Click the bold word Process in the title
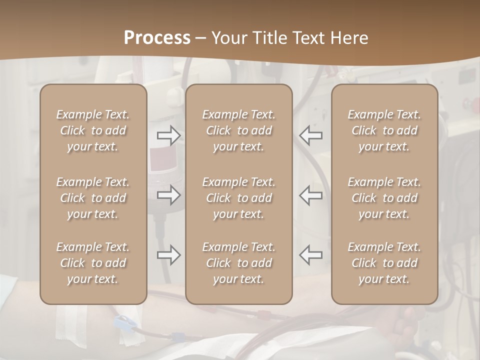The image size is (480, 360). [x=157, y=38]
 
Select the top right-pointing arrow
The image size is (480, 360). [x=168, y=135]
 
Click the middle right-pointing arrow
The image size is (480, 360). [x=168, y=195]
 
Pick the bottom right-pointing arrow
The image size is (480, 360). [x=168, y=255]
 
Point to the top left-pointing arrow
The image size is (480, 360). [x=310, y=135]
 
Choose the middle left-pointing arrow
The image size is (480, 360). [x=310, y=195]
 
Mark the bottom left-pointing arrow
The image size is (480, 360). [x=310, y=255]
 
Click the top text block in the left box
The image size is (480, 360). [x=93, y=130]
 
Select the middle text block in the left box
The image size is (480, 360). [x=93, y=198]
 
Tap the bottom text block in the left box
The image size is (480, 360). [x=93, y=263]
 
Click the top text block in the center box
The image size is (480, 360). [x=238, y=130]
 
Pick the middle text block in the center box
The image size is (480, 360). [x=238, y=198]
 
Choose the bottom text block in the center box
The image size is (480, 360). [x=238, y=263]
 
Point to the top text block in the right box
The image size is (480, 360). [x=384, y=130]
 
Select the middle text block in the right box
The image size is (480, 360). [x=384, y=198]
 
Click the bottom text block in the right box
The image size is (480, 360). [x=384, y=263]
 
